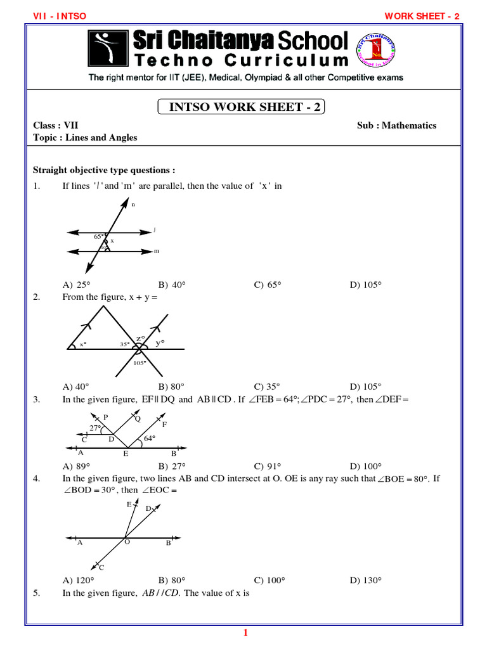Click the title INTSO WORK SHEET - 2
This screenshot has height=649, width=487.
241,107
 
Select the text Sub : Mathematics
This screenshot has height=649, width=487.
396,125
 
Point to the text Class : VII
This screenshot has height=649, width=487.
56,125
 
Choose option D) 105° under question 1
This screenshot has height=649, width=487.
365,285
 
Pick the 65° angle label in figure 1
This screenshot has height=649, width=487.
98,236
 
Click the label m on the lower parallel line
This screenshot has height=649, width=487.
157,252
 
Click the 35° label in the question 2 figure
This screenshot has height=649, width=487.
124,344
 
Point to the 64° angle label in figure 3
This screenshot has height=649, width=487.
150,438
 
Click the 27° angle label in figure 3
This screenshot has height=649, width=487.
95,428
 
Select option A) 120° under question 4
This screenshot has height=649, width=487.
78,580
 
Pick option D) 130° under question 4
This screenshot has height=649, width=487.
365,580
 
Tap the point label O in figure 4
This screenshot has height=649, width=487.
127,543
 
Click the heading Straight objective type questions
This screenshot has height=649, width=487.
104,170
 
